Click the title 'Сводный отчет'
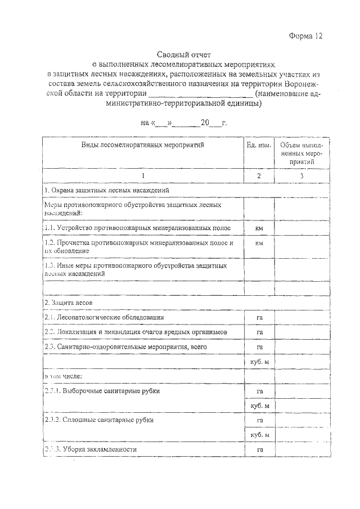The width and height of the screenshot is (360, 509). pyautogui.click(x=180, y=55)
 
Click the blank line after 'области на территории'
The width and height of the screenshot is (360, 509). pyautogui.click(x=201, y=93)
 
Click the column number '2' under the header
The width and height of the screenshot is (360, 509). pyautogui.click(x=259, y=176)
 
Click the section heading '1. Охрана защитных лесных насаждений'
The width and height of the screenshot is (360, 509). pyautogui.click(x=107, y=191)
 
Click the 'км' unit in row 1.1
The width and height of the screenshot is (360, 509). pyautogui.click(x=259, y=228)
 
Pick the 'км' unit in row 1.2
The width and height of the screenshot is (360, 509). pyautogui.click(x=259, y=244)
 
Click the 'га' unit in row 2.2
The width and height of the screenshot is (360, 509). pyautogui.click(x=259, y=332)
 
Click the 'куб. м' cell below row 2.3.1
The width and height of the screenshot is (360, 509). pyautogui.click(x=259, y=406)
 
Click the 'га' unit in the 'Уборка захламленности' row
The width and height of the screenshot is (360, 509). pyautogui.click(x=259, y=449)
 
